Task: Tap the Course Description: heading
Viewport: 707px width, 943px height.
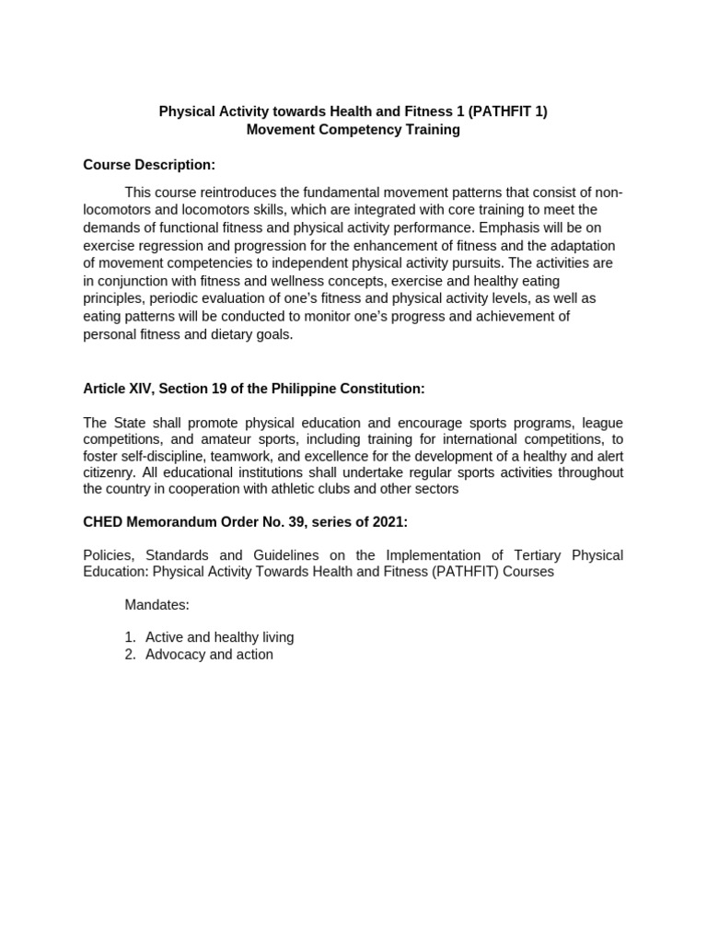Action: (149, 165)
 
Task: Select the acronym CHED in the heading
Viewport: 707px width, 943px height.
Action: (102, 522)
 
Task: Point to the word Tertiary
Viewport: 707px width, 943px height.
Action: (513, 555)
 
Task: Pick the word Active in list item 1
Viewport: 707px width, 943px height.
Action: (165, 637)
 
